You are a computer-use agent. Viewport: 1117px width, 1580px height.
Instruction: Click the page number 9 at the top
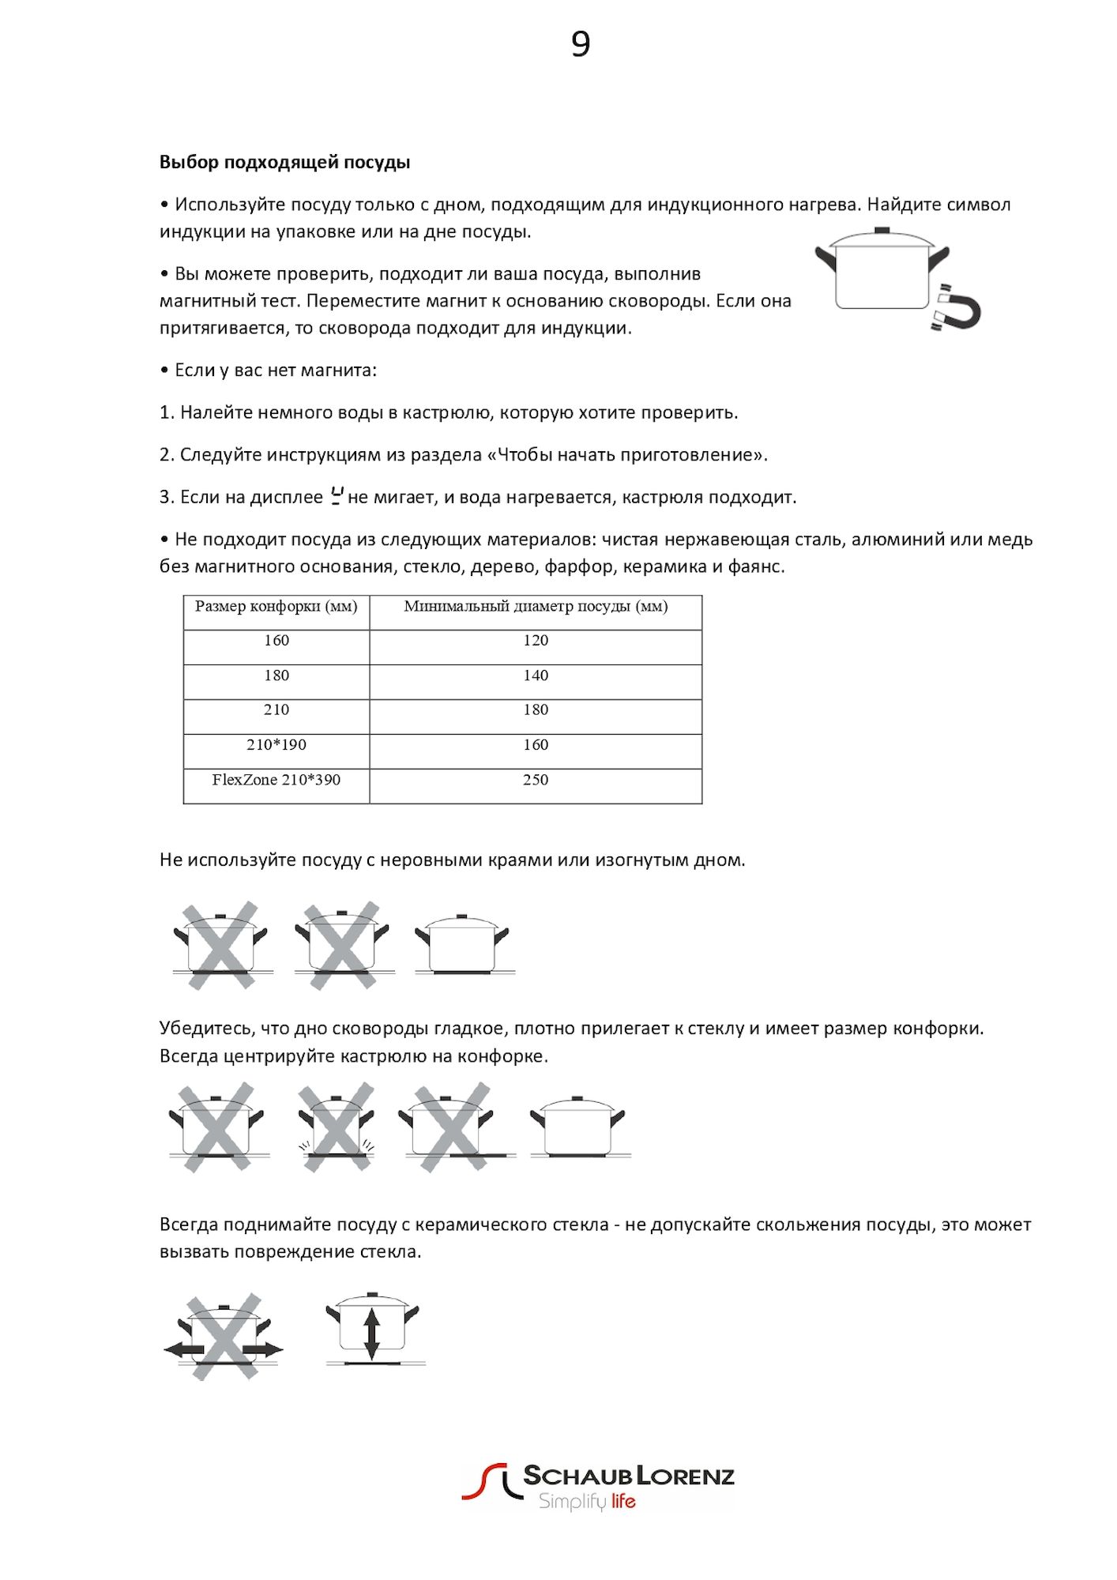[581, 44]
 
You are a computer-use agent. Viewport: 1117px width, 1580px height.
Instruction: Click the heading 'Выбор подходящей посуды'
[284, 163]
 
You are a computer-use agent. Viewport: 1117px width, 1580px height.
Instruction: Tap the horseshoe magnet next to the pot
[957, 307]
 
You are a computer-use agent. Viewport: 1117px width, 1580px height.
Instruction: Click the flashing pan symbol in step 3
[337, 496]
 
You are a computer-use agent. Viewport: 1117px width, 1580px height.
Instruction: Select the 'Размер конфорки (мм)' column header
[276, 607]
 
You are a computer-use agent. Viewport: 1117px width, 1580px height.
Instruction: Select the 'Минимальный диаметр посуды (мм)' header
[536, 607]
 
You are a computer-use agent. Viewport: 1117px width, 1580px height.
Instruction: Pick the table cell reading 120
[536, 641]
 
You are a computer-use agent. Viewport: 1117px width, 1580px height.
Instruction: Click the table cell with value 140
[536, 675]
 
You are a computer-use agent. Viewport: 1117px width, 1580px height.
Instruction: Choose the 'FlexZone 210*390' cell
[276, 780]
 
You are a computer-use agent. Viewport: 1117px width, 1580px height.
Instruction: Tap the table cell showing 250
[536, 780]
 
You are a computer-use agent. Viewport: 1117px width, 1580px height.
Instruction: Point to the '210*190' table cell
[276, 745]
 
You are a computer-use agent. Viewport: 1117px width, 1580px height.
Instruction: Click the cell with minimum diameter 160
[536, 745]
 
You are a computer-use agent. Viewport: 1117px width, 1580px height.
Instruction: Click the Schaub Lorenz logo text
[629, 1476]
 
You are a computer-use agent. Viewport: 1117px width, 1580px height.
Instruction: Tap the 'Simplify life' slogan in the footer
[587, 1502]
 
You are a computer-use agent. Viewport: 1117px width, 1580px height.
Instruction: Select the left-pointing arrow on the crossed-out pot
[183, 1349]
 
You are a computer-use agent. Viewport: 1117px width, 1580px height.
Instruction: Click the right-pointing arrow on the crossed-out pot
[263, 1349]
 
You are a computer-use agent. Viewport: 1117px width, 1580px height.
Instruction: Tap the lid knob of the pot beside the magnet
[882, 231]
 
